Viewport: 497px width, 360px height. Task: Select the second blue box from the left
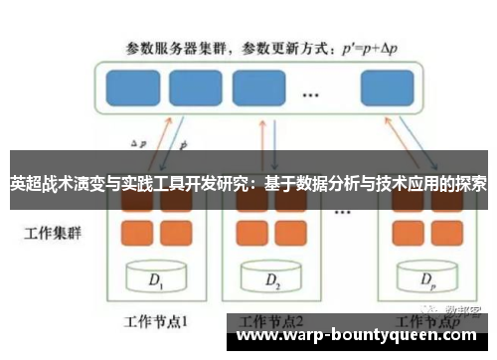pos(194,87)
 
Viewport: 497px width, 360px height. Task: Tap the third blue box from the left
pos(257,87)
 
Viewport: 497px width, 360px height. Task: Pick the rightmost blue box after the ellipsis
pos(386,87)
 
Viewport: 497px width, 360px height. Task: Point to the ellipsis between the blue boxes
pos(310,94)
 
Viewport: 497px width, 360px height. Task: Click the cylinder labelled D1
pos(155,279)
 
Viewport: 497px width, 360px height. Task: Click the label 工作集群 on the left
pos(49,236)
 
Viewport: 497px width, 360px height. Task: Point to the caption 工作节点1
pos(155,321)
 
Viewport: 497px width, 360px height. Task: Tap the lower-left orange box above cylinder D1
pos(136,234)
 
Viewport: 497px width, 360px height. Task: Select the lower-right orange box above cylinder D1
pos(172,234)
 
